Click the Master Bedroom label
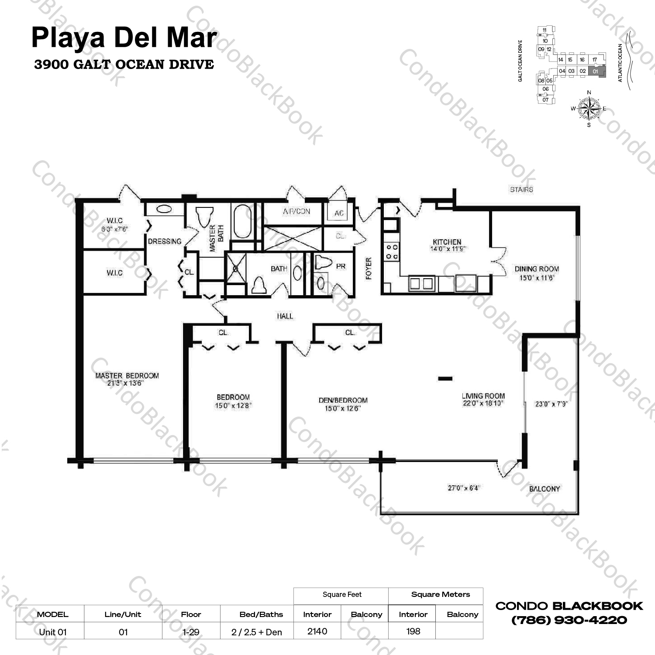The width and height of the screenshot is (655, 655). click(x=127, y=376)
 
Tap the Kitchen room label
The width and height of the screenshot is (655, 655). click(x=447, y=242)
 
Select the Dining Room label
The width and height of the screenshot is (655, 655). click(x=537, y=269)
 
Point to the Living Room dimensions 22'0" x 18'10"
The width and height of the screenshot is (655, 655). click(x=483, y=403)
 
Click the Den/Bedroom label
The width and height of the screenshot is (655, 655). click(x=343, y=400)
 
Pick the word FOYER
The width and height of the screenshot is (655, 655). click(x=369, y=268)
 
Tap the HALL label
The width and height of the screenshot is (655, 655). click(x=285, y=316)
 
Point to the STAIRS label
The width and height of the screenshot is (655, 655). click(x=521, y=190)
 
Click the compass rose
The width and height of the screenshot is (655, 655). click(x=589, y=108)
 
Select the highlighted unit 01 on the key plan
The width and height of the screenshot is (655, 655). click(x=596, y=71)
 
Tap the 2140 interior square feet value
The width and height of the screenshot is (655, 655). click(x=317, y=631)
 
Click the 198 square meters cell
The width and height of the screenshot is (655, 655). click(x=413, y=631)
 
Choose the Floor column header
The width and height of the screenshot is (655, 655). click(x=191, y=614)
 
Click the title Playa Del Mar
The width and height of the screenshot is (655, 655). click(x=124, y=38)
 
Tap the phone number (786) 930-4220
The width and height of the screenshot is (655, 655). click(x=569, y=620)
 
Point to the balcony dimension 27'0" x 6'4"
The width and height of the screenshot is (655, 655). click(x=463, y=488)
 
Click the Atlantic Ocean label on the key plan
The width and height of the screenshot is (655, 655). click(x=620, y=63)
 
